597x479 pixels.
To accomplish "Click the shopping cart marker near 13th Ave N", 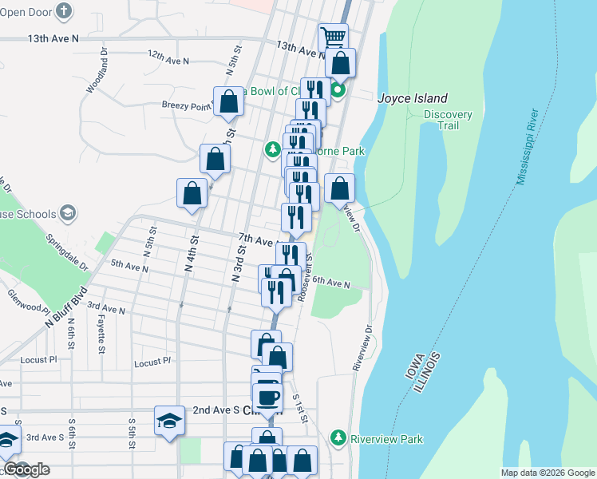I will tap(333, 37).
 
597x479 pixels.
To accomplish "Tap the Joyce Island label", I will tap(412, 99).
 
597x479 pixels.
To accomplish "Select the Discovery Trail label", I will tap(448, 120).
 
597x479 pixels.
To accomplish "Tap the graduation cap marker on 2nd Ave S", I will tap(169, 419).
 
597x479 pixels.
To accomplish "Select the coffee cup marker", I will tap(268, 396).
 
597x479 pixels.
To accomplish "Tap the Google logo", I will tap(26, 469).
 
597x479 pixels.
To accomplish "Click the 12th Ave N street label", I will tap(168, 60).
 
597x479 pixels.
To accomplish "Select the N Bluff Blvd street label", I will tap(65, 307).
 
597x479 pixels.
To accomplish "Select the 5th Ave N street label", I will tap(129, 265).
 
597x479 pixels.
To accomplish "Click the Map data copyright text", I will tap(547, 473).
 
